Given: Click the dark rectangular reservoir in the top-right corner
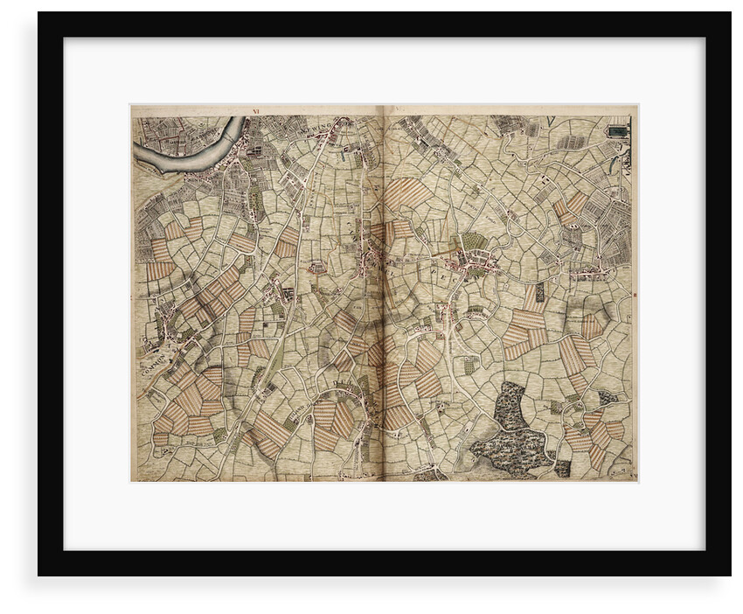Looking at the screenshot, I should pos(618,131).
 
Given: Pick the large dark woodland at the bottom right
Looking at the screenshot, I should pos(510,433).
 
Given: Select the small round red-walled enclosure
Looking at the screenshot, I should pos(316,266).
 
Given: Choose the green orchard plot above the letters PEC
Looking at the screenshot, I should pos(473,241).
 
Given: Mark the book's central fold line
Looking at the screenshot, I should pos(384,297).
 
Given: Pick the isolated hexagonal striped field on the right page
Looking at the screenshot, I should pos(592,325).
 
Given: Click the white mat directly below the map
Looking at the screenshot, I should pos(385,516).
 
